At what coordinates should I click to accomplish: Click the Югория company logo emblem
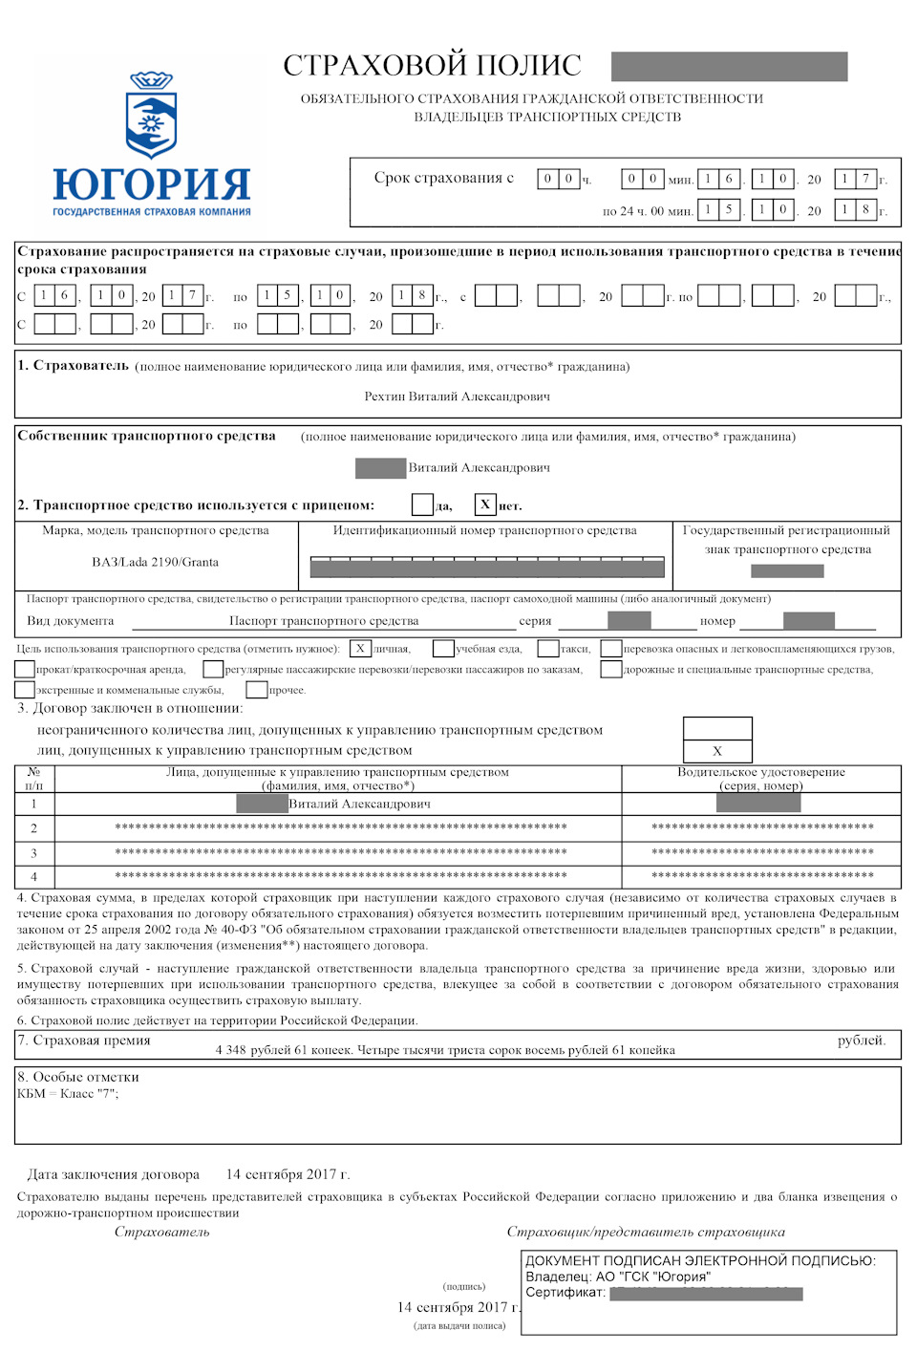pyautogui.click(x=152, y=115)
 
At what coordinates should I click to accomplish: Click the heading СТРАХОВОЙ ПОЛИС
pyautogui.click(x=432, y=65)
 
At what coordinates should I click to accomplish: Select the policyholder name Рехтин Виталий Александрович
pyautogui.click(x=457, y=397)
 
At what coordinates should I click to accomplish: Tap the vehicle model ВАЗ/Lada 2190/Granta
pyautogui.click(x=155, y=562)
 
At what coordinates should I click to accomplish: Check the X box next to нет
pyautogui.click(x=485, y=504)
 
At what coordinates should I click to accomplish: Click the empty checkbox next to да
pyautogui.click(x=422, y=504)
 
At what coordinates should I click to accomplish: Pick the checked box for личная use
pyautogui.click(x=360, y=649)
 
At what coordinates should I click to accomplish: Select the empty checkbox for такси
pyautogui.click(x=547, y=649)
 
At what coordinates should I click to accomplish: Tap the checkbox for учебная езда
pyautogui.click(x=443, y=649)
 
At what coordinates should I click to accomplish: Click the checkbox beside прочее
pyautogui.click(x=256, y=689)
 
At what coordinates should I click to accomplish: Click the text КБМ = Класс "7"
pyautogui.click(x=68, y=1094)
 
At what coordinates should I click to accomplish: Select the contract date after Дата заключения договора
pyautogui.click(x=288, y=1174)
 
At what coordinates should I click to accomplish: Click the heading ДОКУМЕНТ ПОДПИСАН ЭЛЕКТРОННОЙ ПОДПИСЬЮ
pyautogui.click(x=700, y=1260)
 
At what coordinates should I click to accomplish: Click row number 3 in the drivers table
pyautogui.click(x=33, y=852)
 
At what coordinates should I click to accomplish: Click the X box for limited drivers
pyautogui.click(x=717, y=751)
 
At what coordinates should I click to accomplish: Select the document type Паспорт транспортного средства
pyautogui.click(x=324, y=621)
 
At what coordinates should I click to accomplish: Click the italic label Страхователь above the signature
pyautogui.click(x=161, y=1232)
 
